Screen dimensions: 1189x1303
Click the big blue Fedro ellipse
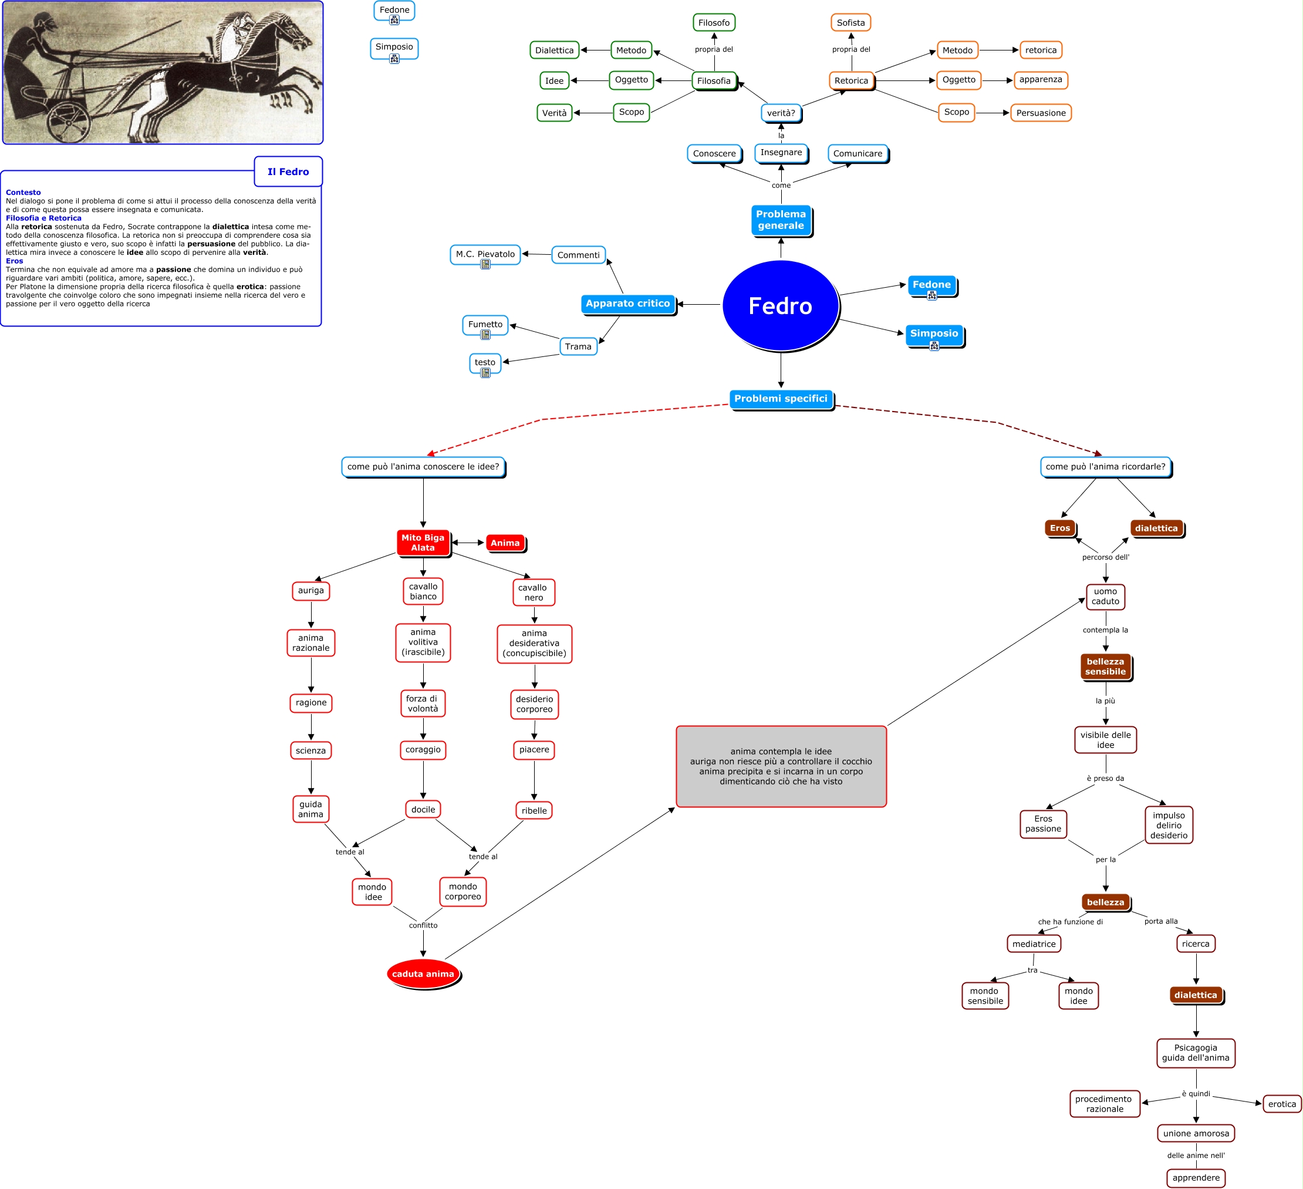tap(780, 305)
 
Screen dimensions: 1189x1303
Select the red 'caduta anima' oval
tap(423, 974)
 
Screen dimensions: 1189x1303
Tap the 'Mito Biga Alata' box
tap(423, 543)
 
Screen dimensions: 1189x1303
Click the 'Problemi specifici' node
tap(781, 398)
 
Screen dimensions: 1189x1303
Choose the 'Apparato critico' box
tap(627, 303)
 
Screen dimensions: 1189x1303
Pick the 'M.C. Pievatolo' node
tap(485, 254)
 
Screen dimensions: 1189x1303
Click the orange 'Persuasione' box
tap(1041, 113)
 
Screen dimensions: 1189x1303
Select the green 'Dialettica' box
tap(554, 50)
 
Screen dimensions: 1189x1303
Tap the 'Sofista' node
tap(850, 23)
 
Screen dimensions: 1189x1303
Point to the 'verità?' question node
tap(781, 113)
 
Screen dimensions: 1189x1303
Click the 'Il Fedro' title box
tap(288, 171)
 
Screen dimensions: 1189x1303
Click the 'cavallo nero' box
tap(533, 592)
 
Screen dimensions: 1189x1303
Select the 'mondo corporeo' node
tap(463, 891)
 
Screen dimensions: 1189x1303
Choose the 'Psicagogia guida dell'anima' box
tap(1196, 1053)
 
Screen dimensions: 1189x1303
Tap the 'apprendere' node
tap(1196, 1177)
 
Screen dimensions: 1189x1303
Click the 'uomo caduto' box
tap(1105, 596)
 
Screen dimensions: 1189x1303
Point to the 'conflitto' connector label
tap(423, 925)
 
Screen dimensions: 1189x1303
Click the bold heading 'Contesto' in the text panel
tap(23, 192)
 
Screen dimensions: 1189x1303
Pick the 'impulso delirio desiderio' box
tap(1169, 825)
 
